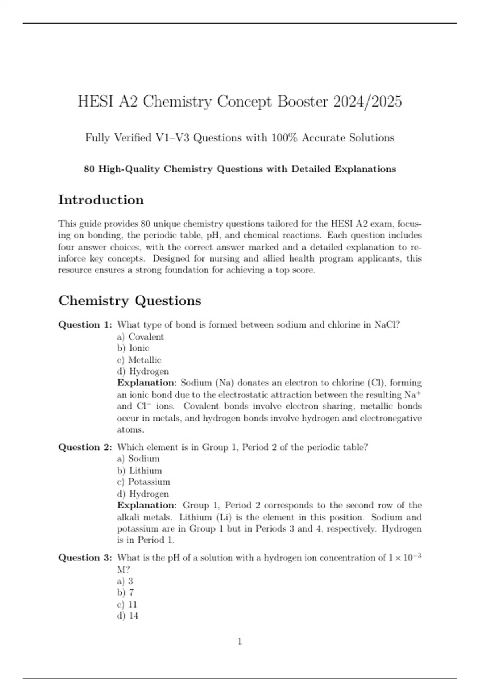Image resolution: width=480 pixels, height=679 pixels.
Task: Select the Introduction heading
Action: (101, 200)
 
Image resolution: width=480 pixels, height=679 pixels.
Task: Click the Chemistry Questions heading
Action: (130, 300)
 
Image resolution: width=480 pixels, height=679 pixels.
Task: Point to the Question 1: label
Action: (85, 325)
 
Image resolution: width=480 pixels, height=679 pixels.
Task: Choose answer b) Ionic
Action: (133, 348)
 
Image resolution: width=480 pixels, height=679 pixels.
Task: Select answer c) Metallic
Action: (139, 360)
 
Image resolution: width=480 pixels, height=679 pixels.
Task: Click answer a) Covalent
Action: (140, 337)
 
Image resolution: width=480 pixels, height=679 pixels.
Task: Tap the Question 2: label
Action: (85, 447)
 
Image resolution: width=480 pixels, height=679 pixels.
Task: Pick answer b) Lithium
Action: (140, 471)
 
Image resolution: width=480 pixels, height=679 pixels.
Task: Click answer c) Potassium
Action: (144, 482)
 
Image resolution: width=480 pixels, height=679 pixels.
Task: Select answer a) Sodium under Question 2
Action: (138, 459)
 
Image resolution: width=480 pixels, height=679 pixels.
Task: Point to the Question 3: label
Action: (85, 558)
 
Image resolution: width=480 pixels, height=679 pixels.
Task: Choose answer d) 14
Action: (128, 616)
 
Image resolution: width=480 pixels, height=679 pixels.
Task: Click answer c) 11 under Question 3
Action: (127, 604)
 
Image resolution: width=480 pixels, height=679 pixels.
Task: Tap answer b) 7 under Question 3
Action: (125, 592)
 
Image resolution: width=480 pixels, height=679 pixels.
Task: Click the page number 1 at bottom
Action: (240, 642)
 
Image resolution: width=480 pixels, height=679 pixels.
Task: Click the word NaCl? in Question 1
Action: (387, 325)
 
